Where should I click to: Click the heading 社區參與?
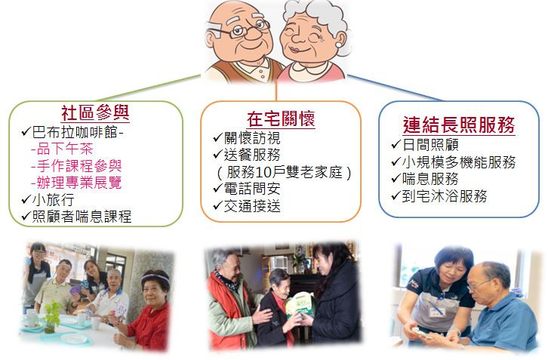click(95, 112)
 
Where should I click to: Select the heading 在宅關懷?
click(281, 118)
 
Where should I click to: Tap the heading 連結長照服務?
click(459, 125)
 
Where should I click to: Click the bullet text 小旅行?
click(53, 199)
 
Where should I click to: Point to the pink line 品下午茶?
click(62, 149)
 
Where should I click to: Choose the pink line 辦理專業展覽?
click(76, 183)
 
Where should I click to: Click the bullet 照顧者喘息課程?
click(82, 217)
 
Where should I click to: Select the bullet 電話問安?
click(252, 189)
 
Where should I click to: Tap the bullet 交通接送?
click(252, 206)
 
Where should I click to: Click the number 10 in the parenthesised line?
click(264, 172)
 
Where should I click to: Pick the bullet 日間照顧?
click(430, 145)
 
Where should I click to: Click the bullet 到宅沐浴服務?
click(445, 196)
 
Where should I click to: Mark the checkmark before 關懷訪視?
click(217, 137)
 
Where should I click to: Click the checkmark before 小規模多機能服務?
click(396, 161)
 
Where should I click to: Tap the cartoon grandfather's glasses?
click(239, 29)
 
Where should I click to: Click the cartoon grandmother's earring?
click(339, 45)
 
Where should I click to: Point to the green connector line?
click(149, 88)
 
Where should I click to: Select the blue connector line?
click(395, 88)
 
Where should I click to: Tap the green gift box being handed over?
click(299, 306)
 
